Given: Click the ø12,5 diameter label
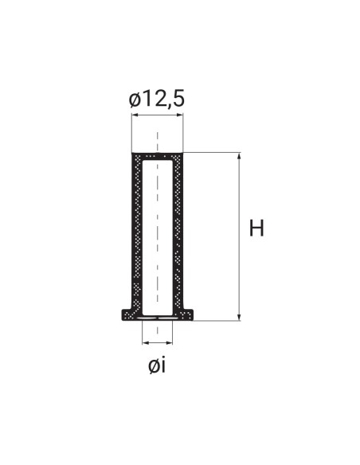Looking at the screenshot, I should [157, 99].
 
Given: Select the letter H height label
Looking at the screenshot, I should [256, 229].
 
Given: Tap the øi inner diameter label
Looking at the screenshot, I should [157, 365].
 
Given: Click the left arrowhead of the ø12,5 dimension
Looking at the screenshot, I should [134, 115].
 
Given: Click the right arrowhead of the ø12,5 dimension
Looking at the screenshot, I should [181, 115].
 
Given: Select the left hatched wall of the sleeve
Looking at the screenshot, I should [136, 231].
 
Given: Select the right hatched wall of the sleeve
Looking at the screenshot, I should [178, 231].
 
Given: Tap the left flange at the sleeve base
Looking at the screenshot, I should [127, 315].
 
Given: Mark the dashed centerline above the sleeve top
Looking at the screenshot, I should [158, 139].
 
